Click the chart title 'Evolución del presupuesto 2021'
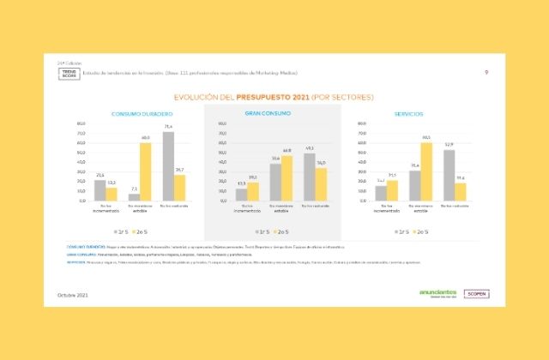[x=274, y=97]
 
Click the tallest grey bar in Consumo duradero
[x=168, y=166]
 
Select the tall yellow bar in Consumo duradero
[x=145, y=171]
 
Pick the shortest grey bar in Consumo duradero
[x=134, y=197]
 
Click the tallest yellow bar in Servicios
[x=426, y=171]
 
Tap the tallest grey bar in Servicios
[x=449, y=175]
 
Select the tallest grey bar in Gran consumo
[x=310, y=177]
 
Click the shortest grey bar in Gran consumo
[x=241, y=195]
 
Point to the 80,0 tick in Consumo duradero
[x=81, y=123]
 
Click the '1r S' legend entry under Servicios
[x=401, y=231]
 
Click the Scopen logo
[x=474, y=293]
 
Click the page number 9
[x=486, y=72]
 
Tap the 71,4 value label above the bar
[x=168, y=127]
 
